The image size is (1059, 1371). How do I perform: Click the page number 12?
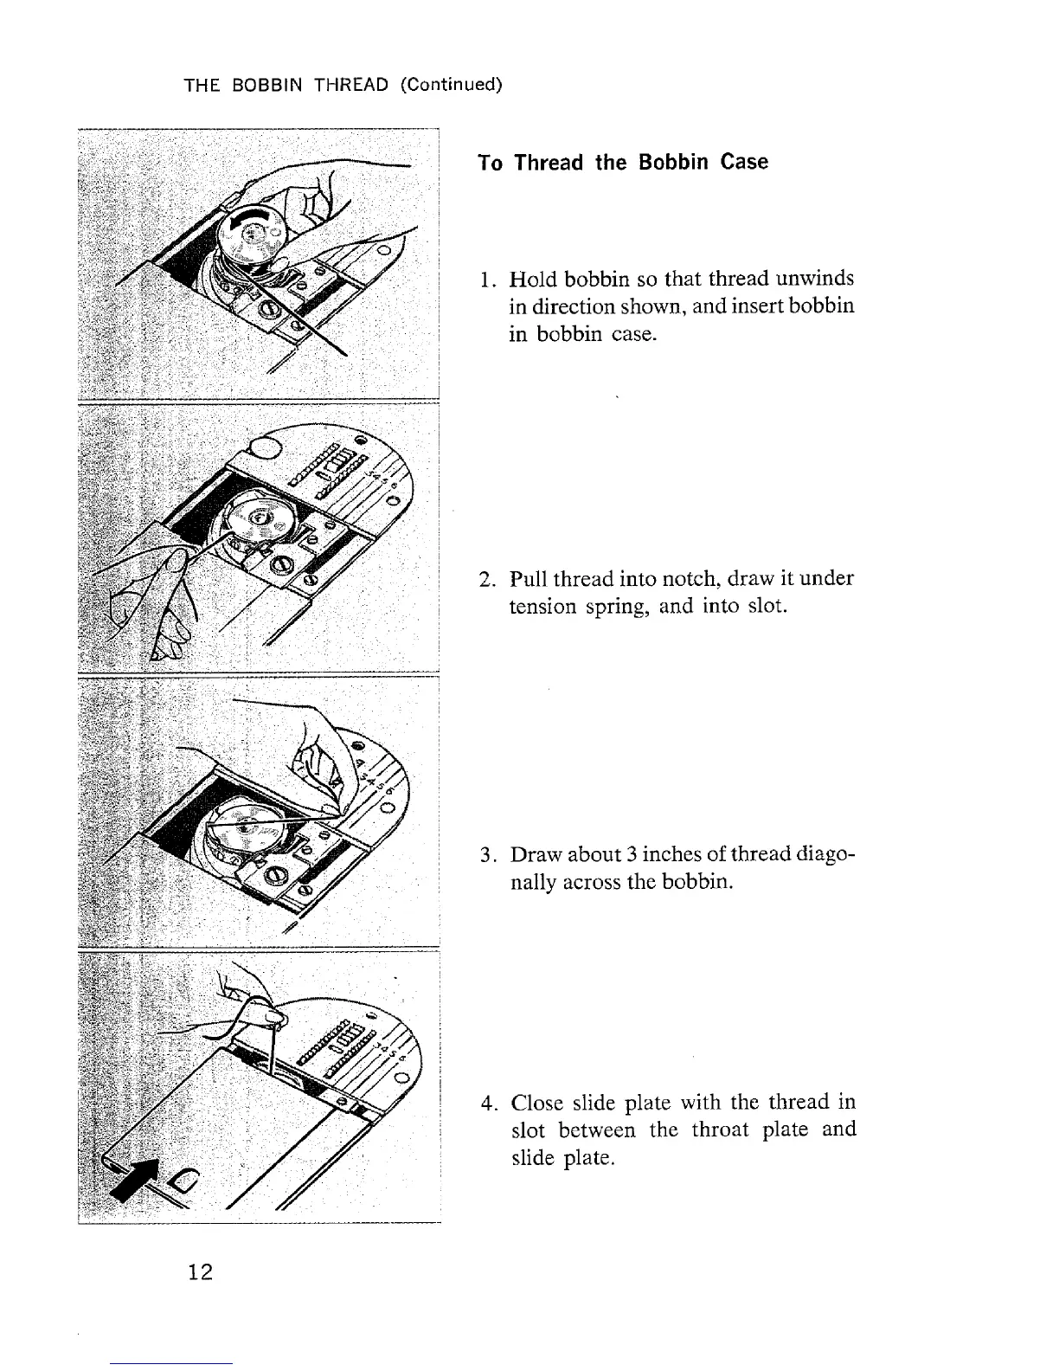point(200,1271)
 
